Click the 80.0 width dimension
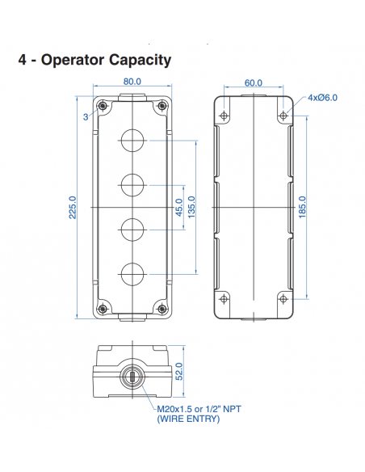pyautogui.click(x=132, y=82)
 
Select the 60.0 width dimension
pyautogui.click(x=253, y=82)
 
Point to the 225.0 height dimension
pyautogui.click(x=73, y=207)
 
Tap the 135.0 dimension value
pyautogui.click(x=191, y=207)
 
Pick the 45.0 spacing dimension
pyautogui.click(x=178, y=207)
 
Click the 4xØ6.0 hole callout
pyautogui.click(x=322, y=99)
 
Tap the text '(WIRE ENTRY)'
pyautogui.click(x=187, y=419)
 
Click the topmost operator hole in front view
pyautogui.click(x=132, y=141)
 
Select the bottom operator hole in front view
pyautogui.click(x=132, y=273)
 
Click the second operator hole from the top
pyautogui.click(x=132, y=185)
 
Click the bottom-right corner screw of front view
pyautogui.click(x=162, y=309)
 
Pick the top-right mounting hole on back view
pyautogui.click(x=283, y=116)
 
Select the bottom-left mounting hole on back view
pyautogui.click(x=223, y=299)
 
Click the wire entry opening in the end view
pyautogui.click(x=132, y=377)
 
